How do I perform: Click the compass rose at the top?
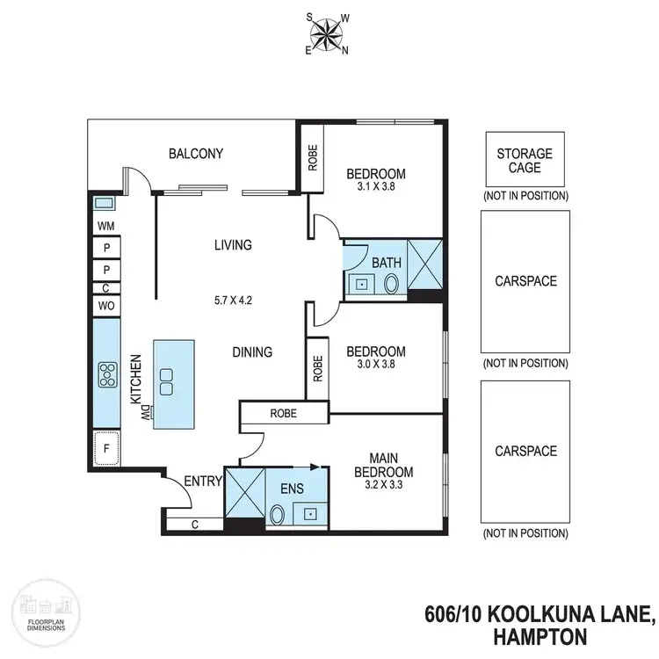[x=327, y=33]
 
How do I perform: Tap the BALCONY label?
[x=196, y=154]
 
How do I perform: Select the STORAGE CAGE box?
[x=525, y=160]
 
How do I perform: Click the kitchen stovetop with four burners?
[x=108, y=374]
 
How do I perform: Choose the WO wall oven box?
[x=105, y=305]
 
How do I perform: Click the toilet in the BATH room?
[x=391, y=284]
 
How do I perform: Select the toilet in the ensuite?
[x=278, y=514]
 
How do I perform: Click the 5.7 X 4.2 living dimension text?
[x=233, y=299]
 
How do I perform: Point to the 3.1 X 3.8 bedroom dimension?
[x=376, y=186]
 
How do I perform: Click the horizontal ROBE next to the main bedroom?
[x=283, y=413]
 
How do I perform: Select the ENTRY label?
[x=201, y=481]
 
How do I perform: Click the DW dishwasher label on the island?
[x=148, y=411]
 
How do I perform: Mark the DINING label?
[x=252, y=351]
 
